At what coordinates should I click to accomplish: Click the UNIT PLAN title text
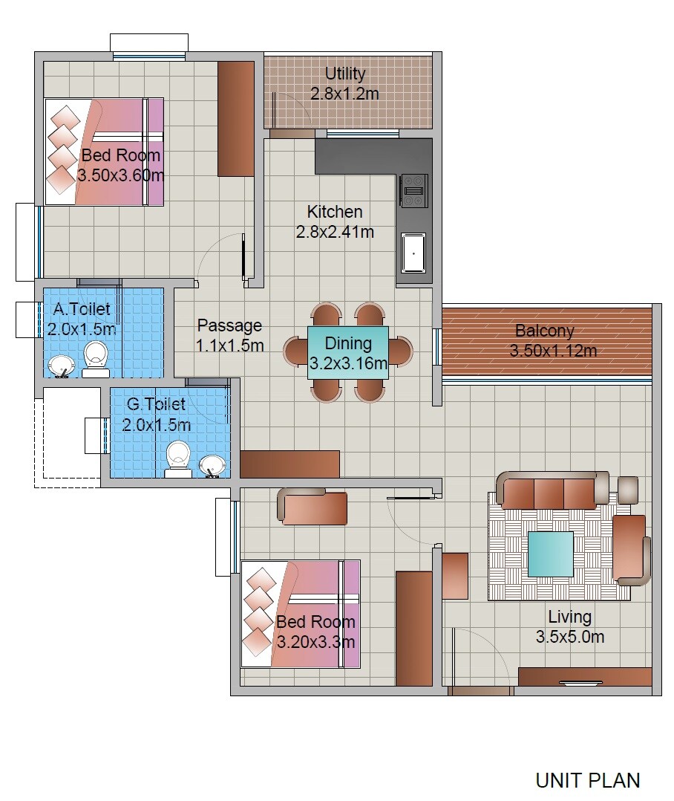(587, 780)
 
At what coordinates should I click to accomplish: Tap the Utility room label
(345, 74)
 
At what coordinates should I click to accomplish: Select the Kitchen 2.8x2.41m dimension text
(335, 232)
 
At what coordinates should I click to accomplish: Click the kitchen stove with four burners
(413, 190)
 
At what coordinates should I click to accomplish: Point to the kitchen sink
(413, 253)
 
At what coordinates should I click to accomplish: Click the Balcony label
(545, 331)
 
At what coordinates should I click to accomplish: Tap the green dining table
(348, 353)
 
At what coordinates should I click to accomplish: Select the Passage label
(229, 325)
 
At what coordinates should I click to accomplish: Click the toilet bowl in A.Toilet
(95, 356)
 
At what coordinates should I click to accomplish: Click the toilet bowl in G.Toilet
(178, 454)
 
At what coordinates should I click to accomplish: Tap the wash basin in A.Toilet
(62, 365)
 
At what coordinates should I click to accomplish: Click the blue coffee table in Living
(550, 554)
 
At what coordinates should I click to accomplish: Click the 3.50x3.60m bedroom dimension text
(120, 176)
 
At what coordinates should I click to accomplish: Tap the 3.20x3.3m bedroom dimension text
(315, 641)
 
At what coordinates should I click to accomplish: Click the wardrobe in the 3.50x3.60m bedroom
(236, 119)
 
